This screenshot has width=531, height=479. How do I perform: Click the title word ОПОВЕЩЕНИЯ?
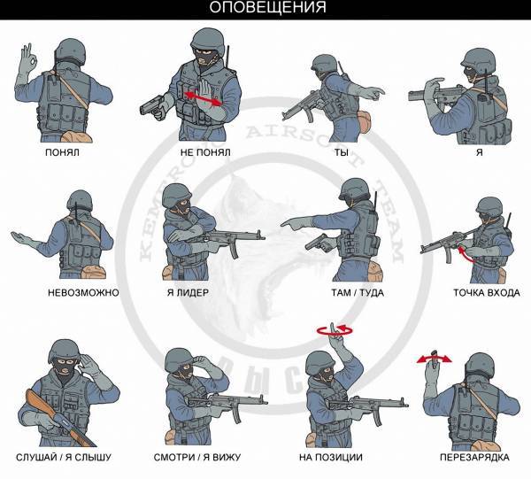point(267,7)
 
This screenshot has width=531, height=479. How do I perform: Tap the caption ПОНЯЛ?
point(62,152)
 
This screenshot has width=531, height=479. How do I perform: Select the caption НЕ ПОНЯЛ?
point(205,152)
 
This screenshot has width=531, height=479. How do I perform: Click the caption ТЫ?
point(342,152)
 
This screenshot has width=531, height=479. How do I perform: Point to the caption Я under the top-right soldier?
point(480,152)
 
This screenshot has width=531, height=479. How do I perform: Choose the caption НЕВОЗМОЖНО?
point(83,293)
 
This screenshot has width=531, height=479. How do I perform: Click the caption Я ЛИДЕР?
point(188,293)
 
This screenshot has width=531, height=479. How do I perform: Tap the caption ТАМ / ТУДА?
point(358,293)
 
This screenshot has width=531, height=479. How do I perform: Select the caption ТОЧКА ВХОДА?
point(487,293)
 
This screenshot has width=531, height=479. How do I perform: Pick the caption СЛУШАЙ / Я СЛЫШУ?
point(64,458)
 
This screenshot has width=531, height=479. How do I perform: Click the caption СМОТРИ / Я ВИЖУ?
point(197,458)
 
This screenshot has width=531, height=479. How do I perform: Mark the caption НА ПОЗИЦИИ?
point(331,458)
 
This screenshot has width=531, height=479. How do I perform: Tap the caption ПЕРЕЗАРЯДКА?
point(474,458)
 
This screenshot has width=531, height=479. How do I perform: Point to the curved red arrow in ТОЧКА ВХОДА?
point(466,255)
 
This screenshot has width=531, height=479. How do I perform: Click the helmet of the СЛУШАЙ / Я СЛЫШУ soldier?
point(64,352)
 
